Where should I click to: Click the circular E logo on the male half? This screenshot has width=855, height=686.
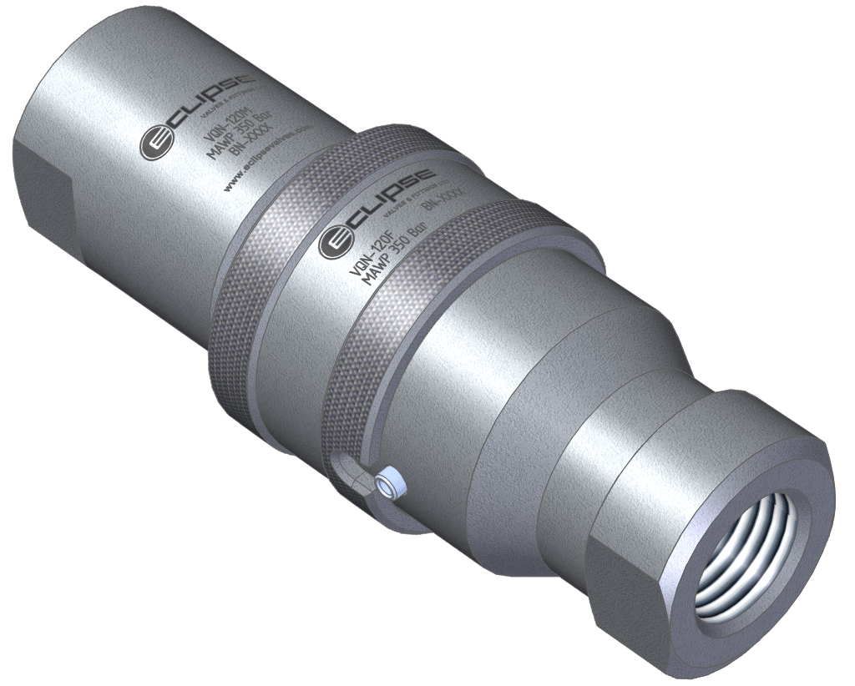tap(156, 143)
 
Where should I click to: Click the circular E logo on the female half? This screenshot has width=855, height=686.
tap(336, 242)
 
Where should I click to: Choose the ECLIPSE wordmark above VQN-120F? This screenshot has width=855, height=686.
tap(392, 204)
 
